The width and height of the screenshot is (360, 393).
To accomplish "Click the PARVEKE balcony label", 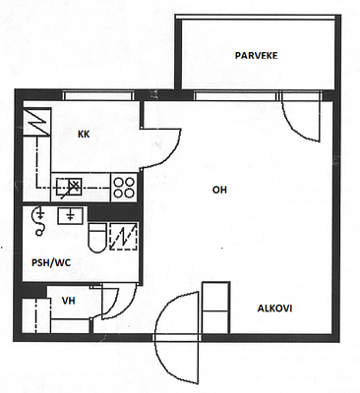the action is [x=256, y=55].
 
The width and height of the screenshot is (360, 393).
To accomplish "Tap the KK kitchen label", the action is [x=84, y=135].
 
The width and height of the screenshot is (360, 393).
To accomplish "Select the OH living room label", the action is [x=219, y=190].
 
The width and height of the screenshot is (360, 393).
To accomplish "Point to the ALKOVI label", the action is [x=274, y=309].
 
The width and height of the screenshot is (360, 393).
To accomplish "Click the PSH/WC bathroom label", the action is [x=51, y=262].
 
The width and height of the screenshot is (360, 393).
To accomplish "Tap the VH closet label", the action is [x=69, y=301].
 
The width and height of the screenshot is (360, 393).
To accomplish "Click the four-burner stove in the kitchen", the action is [x=124, y=188].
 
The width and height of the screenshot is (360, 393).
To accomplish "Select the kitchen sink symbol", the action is [x=69, y=188].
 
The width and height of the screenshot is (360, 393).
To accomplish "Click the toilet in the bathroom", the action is [x=97, y=238].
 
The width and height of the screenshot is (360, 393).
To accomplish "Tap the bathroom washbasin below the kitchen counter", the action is [x=70, y=216].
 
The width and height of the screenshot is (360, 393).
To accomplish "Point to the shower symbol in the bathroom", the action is [x=38, y=221].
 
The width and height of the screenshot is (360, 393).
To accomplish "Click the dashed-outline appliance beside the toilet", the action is [x=123, y=237].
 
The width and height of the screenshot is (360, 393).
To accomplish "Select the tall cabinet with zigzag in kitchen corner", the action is [x=36, y=122].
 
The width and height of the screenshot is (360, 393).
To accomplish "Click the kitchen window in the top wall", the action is [x=98, y=96].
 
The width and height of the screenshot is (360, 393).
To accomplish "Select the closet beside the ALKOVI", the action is [x=215, y=308].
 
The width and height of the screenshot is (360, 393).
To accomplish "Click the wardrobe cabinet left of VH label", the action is [x=36, y=315].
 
